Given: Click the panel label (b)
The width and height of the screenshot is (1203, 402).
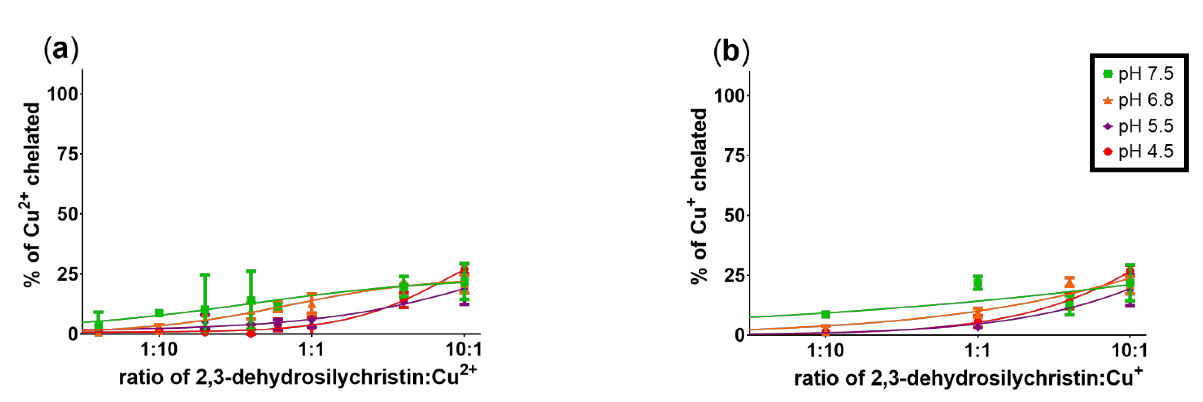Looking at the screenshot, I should (731, 51).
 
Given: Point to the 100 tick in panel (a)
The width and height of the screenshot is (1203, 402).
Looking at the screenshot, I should (62, 94).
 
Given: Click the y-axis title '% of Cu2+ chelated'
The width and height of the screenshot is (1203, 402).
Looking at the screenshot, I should (32, 195).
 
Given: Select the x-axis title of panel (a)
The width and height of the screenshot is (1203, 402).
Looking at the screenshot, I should (298, 377).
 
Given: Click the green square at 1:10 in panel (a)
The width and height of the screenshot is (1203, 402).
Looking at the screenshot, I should (159, 313).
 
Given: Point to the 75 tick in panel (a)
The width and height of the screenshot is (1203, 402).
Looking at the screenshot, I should (68, 154).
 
